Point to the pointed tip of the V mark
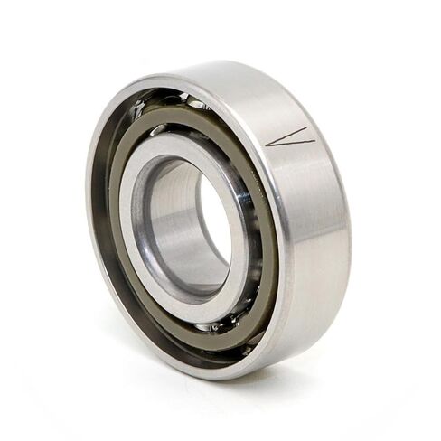(x=269, y=143)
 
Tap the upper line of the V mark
(x=289, y=134)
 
